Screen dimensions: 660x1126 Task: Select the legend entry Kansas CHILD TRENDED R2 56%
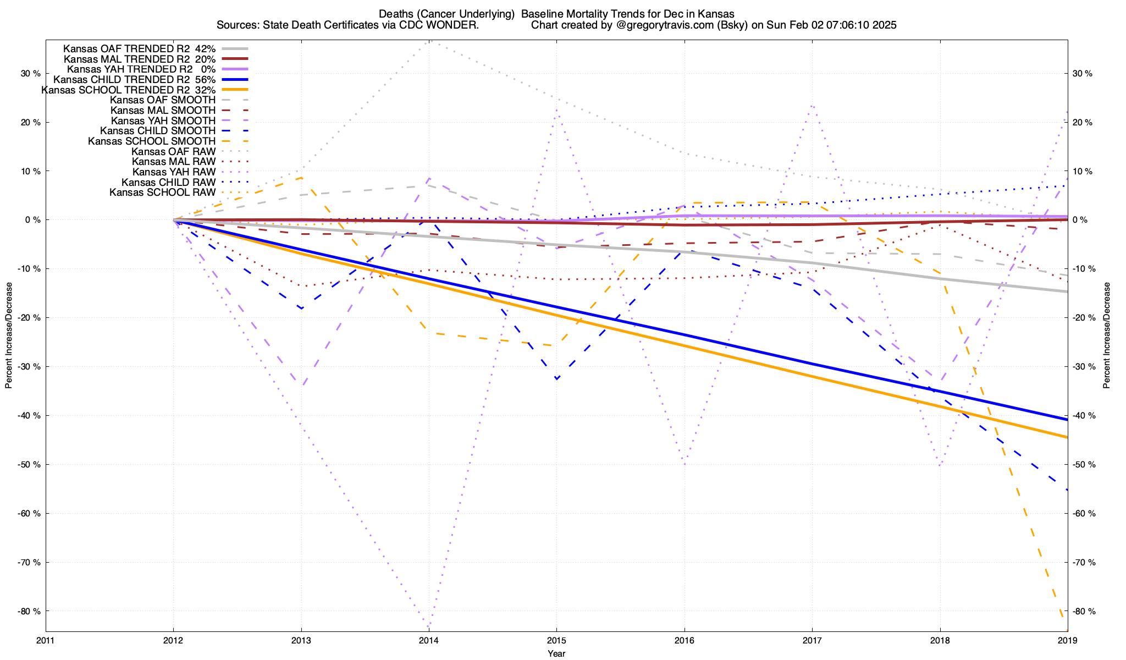point(134,79)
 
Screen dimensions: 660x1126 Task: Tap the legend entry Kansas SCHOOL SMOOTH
point(152,141)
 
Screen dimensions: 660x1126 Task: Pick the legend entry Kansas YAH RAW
point(174,172)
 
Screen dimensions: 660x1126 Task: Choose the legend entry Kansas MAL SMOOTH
point(163,111)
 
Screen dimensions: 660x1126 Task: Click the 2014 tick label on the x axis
point(429,640)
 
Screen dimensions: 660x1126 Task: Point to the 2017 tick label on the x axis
point(812,640)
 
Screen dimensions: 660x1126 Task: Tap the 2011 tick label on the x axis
point(46,640)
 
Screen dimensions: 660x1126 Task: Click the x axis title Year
point(556,653)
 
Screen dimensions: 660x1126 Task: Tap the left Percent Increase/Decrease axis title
point(9,335)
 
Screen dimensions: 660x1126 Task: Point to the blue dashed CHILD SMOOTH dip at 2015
point(556,379)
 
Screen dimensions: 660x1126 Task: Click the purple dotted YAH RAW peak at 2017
point(812,105)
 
